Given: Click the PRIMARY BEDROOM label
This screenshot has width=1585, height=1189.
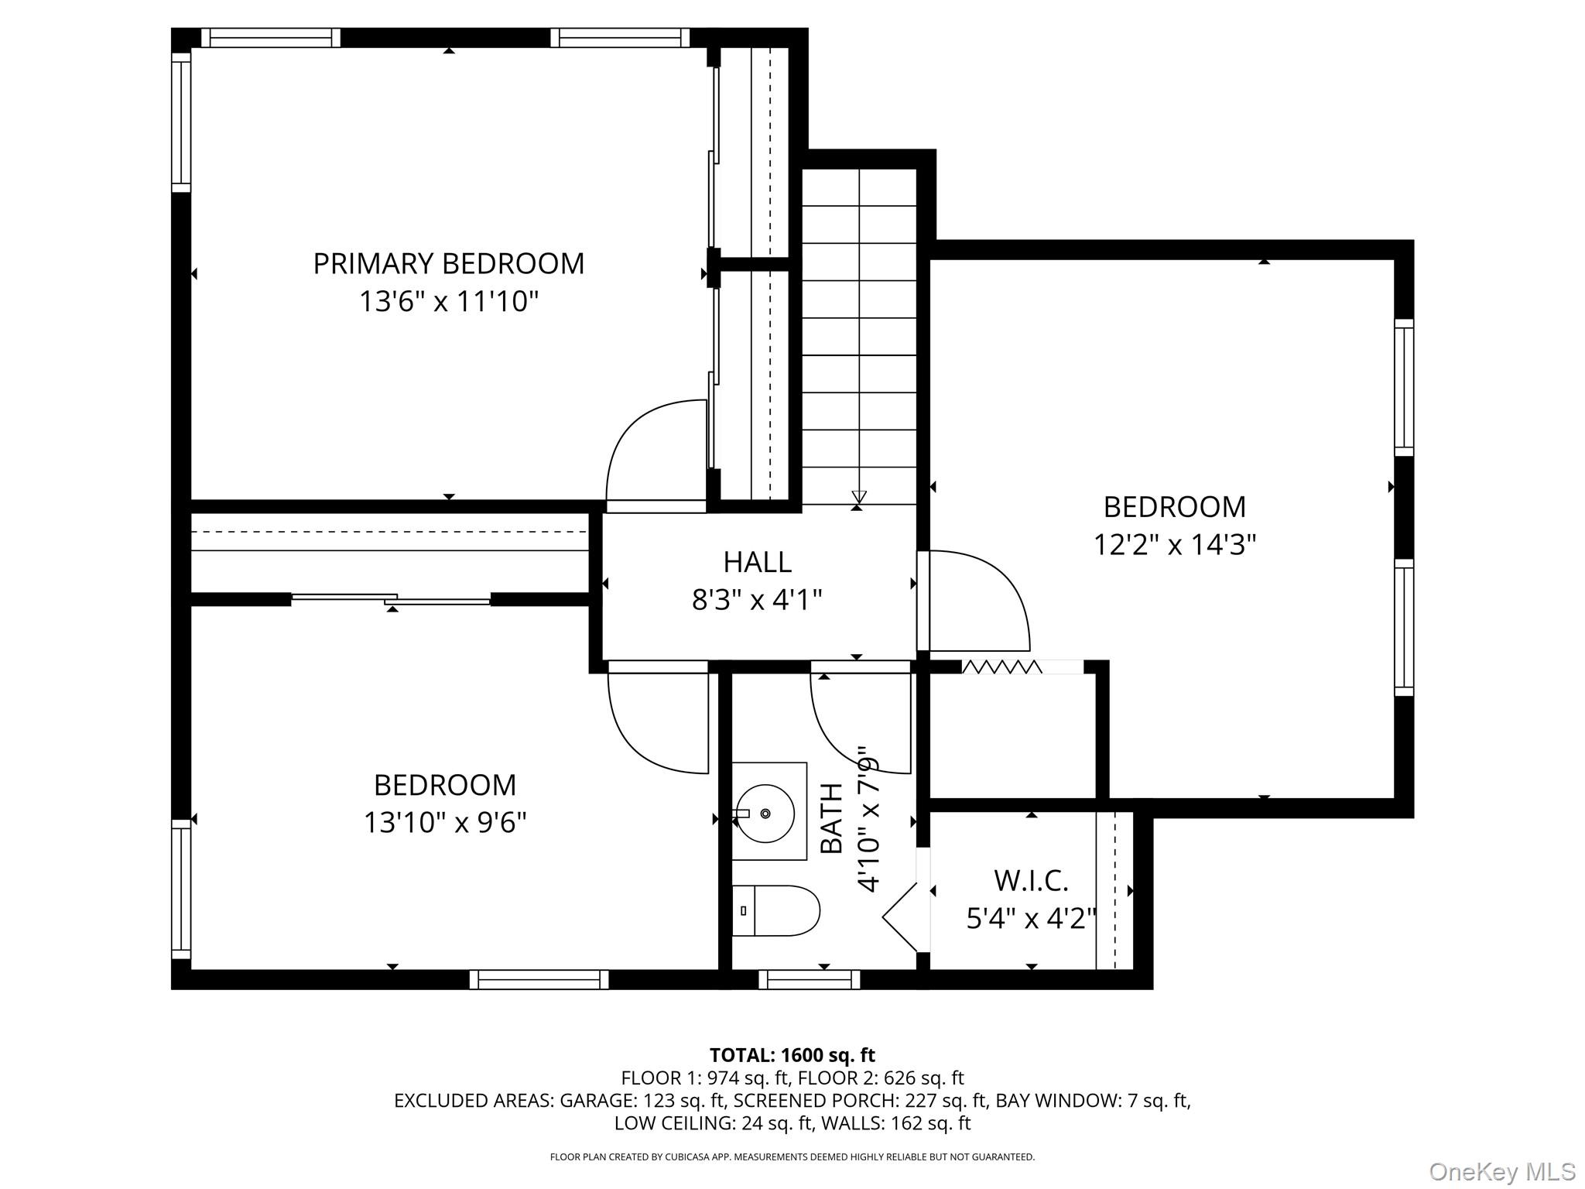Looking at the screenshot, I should [x=448, y=264].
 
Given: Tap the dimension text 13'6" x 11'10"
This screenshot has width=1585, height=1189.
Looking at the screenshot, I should [x=448, y=301].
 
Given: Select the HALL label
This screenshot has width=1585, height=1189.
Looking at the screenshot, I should [x=757, y=562].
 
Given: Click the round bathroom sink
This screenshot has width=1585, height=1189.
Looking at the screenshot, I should [x=765, y=813].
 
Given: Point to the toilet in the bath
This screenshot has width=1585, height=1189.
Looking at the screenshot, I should [x=775, y=911].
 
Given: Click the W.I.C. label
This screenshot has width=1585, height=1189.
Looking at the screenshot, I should [x=1031, y=881].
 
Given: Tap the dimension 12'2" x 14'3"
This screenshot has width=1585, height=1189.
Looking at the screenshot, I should [x=1173, y=545].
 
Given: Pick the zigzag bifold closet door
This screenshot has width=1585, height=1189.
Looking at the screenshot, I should [x=1001, y=666].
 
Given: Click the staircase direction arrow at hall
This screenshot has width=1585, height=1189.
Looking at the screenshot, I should [x=858, y=497].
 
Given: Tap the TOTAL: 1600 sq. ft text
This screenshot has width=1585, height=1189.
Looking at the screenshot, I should [x=792, y=1055].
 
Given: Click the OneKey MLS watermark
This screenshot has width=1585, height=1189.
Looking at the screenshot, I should [x=1501, y=1172].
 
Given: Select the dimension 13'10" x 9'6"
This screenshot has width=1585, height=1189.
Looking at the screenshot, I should [x=445, y=822].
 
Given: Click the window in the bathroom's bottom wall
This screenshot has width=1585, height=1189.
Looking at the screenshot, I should [x=809, y=980].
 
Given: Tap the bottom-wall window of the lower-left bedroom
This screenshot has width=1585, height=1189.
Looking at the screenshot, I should [x=539, y=980].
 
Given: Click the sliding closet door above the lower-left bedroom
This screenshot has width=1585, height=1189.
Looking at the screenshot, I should [x=391, y=598].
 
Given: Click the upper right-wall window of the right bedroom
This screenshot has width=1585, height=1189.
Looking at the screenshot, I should [x=1404, y=387].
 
